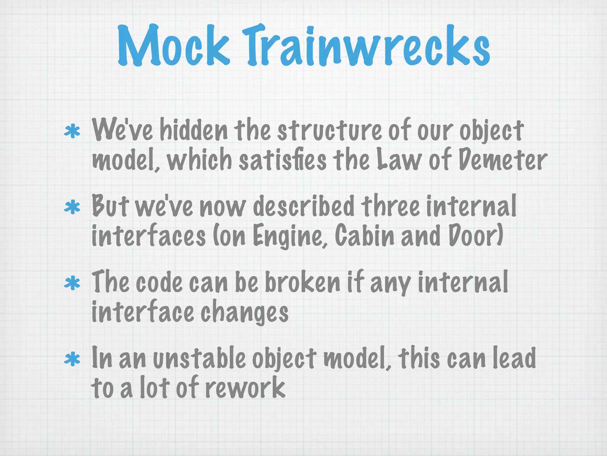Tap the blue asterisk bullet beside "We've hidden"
72,132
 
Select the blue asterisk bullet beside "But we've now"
72,208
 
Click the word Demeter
502,161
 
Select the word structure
329,131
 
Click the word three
390,206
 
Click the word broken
302,282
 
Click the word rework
245,388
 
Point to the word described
304,206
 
